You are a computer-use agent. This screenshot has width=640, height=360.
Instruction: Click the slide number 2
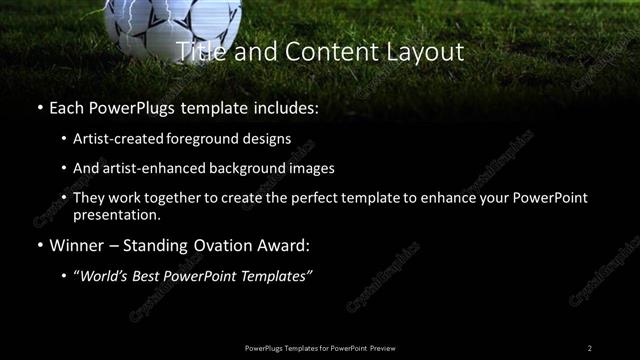[x=590, y=348]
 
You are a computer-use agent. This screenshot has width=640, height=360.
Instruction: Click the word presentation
[x=116, y=215]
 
